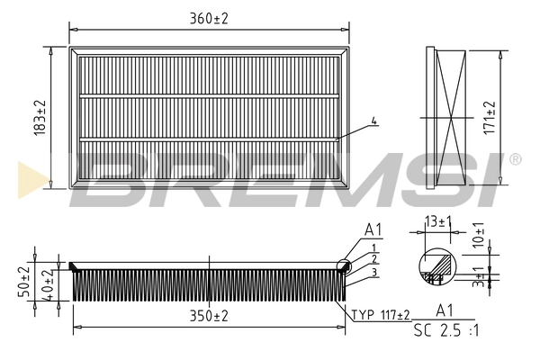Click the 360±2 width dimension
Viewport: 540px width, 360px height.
tap(209, 17)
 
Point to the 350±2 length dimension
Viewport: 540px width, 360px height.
tap(209, 317)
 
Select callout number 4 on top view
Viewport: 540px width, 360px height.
tap(373, 121)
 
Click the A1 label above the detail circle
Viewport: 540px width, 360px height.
tap(374, 230)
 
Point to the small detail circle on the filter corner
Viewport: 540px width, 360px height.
tap(345, 264)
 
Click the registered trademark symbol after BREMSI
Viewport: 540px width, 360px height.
tap(515, 159)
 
